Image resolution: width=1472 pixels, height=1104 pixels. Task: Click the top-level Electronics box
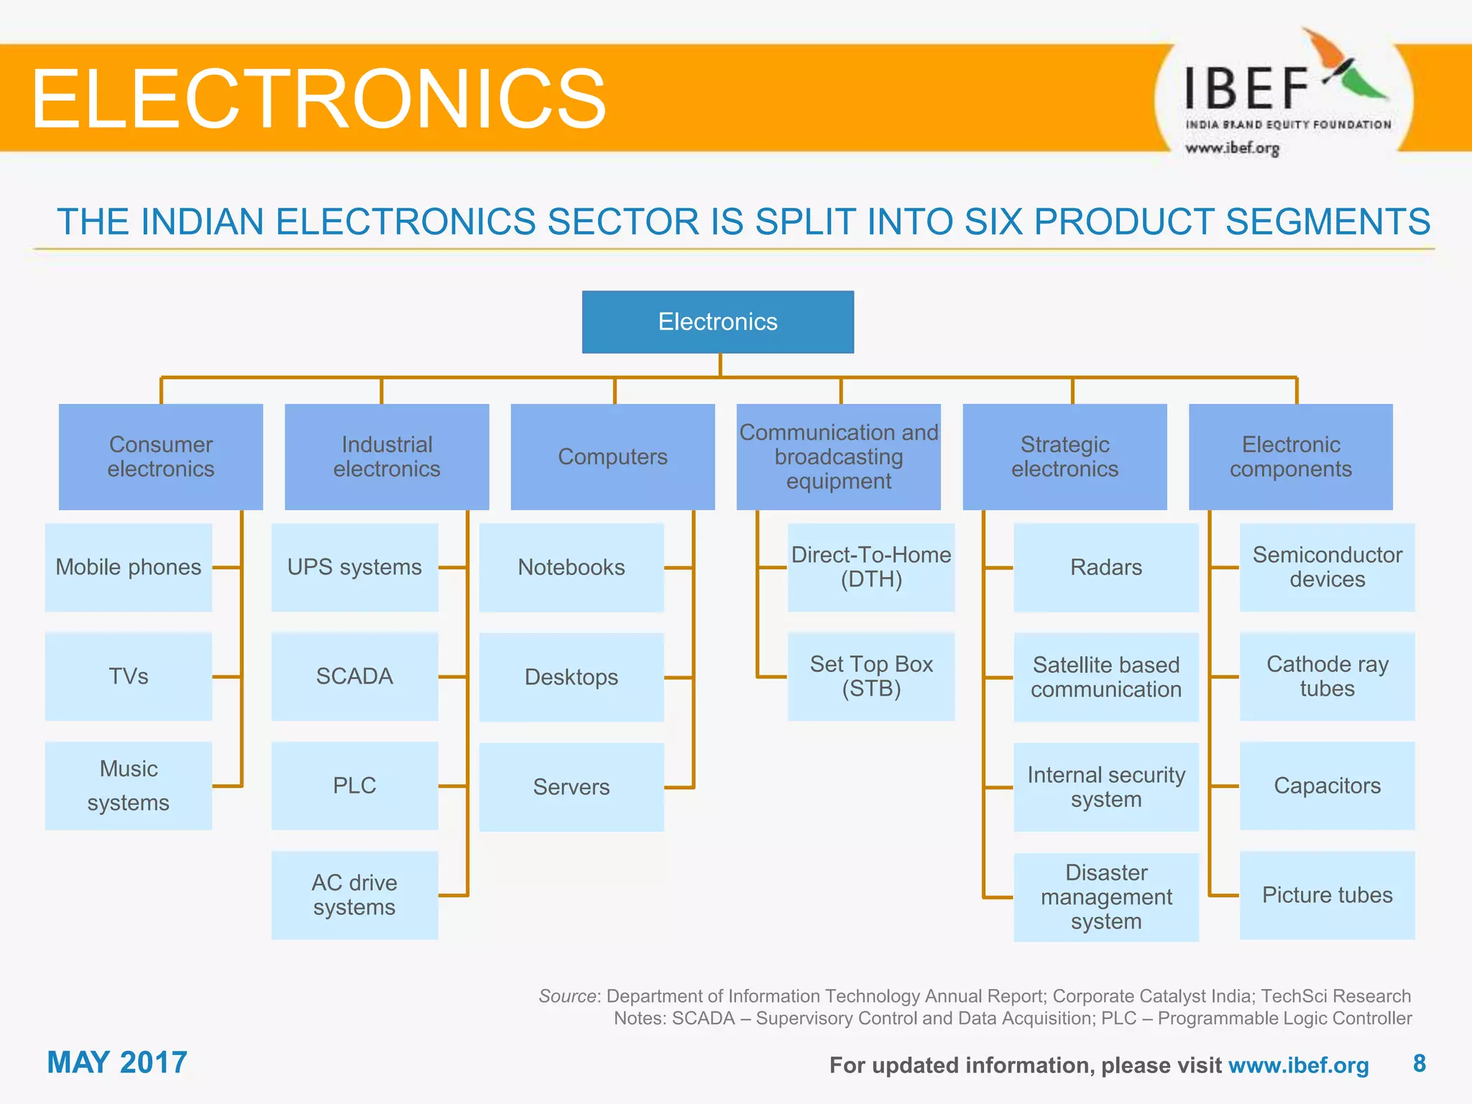(717, 321)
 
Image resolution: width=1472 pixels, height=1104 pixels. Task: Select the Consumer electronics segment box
(160, 456)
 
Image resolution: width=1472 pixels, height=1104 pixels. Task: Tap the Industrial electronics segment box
(387, 456)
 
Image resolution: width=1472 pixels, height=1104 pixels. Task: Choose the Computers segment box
(612, 456)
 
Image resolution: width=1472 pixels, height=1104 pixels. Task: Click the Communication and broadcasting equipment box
(838, 456)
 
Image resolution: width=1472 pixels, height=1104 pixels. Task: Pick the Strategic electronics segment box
(1064, 456)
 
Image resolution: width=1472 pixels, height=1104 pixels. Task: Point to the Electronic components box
(1290, 456)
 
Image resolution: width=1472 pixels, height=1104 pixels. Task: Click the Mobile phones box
(128, 567)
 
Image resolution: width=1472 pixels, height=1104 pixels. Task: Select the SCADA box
(354, 676)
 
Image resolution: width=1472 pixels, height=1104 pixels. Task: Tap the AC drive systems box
(354, 895)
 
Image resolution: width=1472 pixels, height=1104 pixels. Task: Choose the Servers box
(571, 786)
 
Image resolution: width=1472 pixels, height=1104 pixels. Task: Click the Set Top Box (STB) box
(871, 676)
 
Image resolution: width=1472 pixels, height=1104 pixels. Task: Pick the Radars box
(1105, 567)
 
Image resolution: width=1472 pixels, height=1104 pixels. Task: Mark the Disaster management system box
(1105, 896)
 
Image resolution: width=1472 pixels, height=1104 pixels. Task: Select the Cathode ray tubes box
(1327, 676)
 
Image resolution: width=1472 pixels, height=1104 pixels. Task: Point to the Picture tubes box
(1327, 895)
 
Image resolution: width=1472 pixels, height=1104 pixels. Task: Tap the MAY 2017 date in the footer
(117, 1062)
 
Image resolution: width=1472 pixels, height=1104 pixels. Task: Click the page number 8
(1419, 1063)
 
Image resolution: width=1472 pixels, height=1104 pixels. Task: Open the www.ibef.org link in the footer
(1298, 1065)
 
